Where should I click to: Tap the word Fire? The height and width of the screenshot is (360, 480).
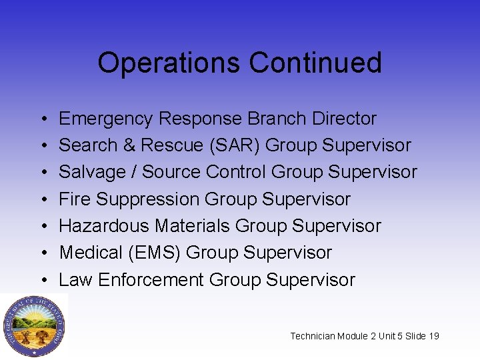(x=75, y=199)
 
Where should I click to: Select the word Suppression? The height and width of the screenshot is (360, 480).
(x=148, y=200)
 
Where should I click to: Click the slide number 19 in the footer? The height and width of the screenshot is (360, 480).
(x=433, y=336)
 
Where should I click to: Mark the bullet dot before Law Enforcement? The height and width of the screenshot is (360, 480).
(x=41, y=280)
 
